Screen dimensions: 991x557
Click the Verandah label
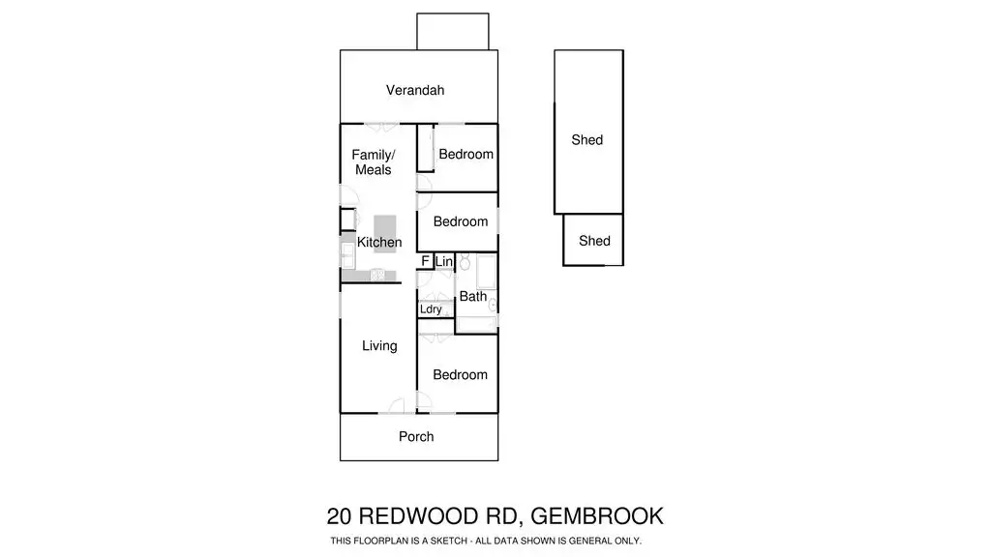(415, 90)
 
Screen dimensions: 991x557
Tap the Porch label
(416, 436)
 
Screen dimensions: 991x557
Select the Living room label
(379, 346)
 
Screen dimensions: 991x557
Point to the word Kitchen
(379, 242)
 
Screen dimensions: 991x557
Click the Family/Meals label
(374, 162)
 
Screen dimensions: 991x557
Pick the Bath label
(472, 296)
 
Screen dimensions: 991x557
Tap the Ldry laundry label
(431, 309)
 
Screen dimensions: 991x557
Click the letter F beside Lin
(426, 261)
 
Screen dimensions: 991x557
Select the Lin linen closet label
(443, 261)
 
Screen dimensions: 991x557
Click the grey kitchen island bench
(385, 234)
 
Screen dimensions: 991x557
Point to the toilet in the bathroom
(465, 261)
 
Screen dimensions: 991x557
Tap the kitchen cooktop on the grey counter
(377, 275)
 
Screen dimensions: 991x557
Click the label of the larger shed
(587, 140)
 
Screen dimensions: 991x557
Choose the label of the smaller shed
(595, 241)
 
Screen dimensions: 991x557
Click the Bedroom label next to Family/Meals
(465, 154)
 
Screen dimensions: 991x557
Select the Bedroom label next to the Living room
(460, 374)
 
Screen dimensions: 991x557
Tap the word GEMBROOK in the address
(597, 516)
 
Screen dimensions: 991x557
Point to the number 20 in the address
(340, 516)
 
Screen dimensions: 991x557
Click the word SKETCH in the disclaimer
(448, 541)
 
